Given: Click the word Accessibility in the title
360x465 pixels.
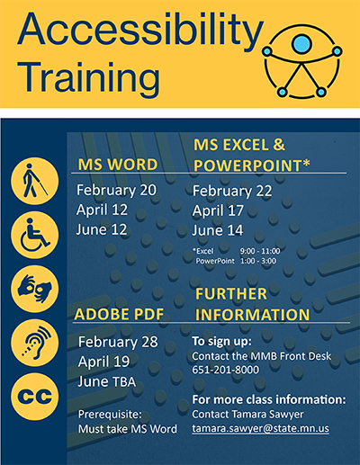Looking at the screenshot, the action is (140, 31).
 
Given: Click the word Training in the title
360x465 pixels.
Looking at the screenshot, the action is (89, 77).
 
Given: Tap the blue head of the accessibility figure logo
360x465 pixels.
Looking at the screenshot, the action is (301, 44).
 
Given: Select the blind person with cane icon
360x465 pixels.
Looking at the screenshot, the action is (35, 181).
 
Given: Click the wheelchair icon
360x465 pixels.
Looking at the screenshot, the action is (35, 235).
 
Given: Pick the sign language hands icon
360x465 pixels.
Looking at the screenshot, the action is (35, 289).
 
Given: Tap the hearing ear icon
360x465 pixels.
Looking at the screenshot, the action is (35, 343).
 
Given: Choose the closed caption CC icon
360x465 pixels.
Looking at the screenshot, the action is (35, 397).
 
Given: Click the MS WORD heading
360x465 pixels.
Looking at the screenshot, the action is (118, 165).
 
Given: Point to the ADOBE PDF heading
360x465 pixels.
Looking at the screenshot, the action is (119, 314).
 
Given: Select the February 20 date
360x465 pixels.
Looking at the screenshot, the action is (116, 191).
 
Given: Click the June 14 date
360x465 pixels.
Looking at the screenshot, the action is (218, 230).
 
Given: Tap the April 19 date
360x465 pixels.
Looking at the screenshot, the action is (103, 362).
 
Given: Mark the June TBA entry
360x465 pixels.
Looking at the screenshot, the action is (106, 381).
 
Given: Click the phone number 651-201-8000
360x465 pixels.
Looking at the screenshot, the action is (225, 370).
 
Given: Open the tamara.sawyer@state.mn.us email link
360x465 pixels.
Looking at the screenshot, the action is (260, 428).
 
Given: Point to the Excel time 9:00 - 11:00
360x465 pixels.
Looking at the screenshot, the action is (260, 251).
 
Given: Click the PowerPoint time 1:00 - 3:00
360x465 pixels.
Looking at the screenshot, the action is (258, 261).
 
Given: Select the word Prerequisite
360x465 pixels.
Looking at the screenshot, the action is (110, 415).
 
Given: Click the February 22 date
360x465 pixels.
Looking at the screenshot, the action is (232, 191).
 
